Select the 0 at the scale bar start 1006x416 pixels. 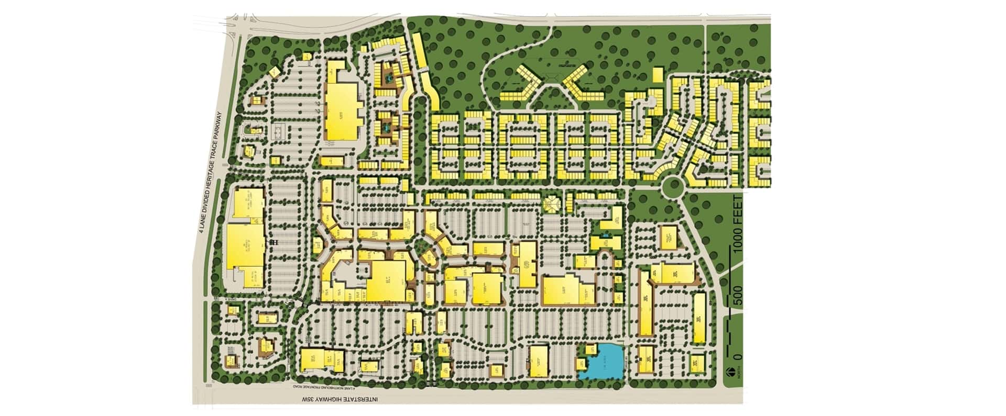[x=739, y=356]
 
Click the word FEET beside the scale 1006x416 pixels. [x=738, y=206]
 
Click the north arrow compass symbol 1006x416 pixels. [x=730, y=373]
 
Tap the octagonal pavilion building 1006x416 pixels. [x=552, y=204]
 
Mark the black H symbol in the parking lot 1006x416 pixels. [x=274, y=243]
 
